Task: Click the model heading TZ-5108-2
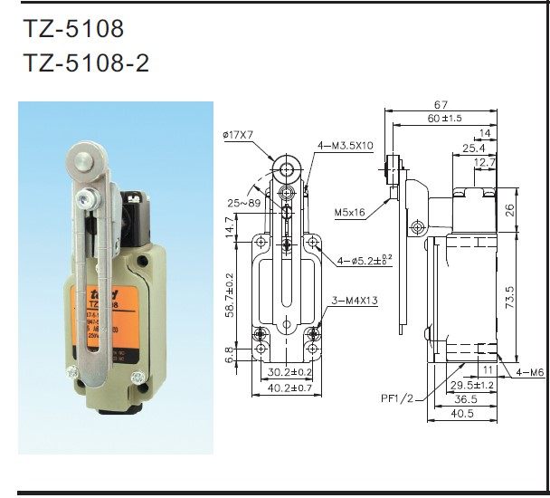(85, 64)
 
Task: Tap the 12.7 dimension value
(485, 163)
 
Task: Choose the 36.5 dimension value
(466, 399)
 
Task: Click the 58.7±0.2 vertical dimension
(232, 294)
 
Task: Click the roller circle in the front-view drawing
(287, 169)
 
